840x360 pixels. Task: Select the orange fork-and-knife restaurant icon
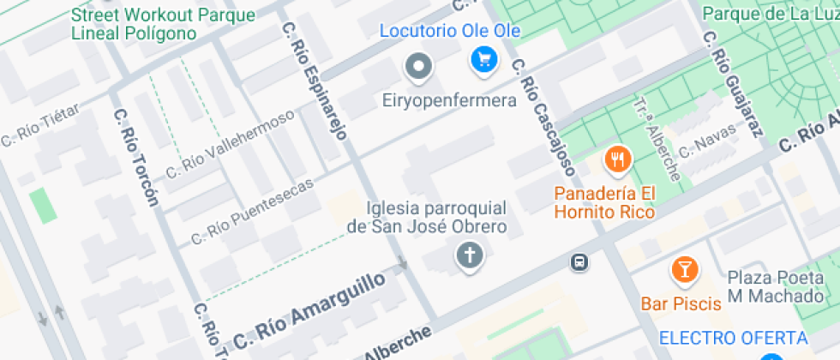tap(617, 159)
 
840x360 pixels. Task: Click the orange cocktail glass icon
tap(684, 269)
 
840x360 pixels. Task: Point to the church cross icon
tap(469, 255)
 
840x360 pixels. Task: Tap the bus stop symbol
tap(580, 261)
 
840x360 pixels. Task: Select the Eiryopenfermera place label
tap(449, 101)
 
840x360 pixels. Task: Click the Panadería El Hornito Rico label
tap(604, 202)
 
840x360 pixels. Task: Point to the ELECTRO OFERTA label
tap(733, 338)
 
